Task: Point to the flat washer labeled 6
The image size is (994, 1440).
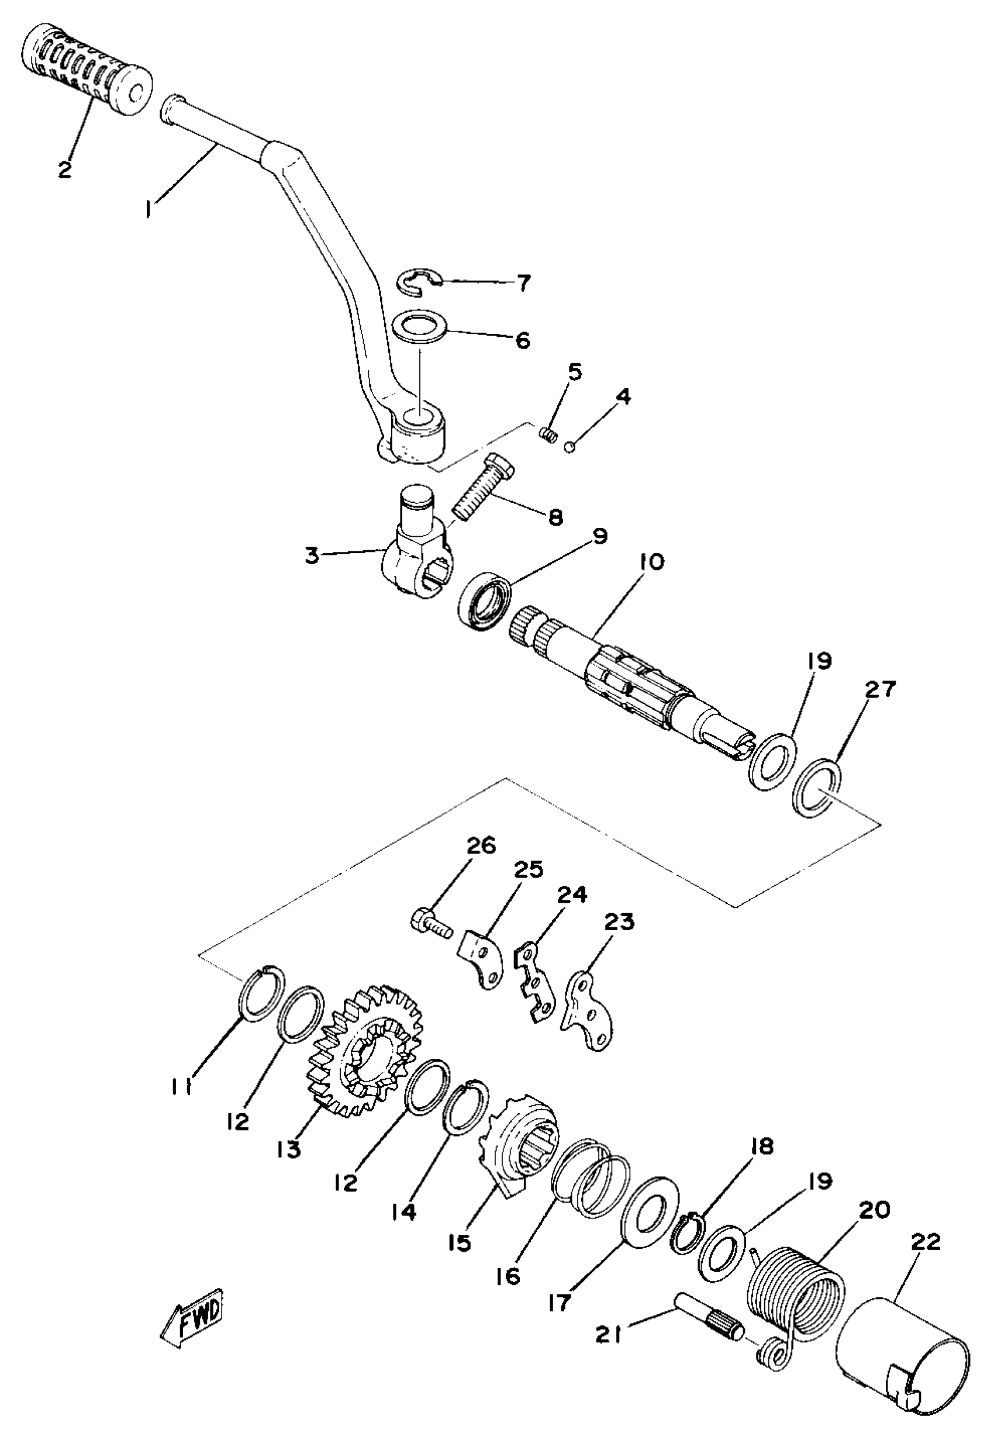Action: (x=423, y=327)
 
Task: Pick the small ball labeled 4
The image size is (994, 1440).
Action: (x=568, y=446)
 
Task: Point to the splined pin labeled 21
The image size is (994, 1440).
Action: (x=709, y=1327)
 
